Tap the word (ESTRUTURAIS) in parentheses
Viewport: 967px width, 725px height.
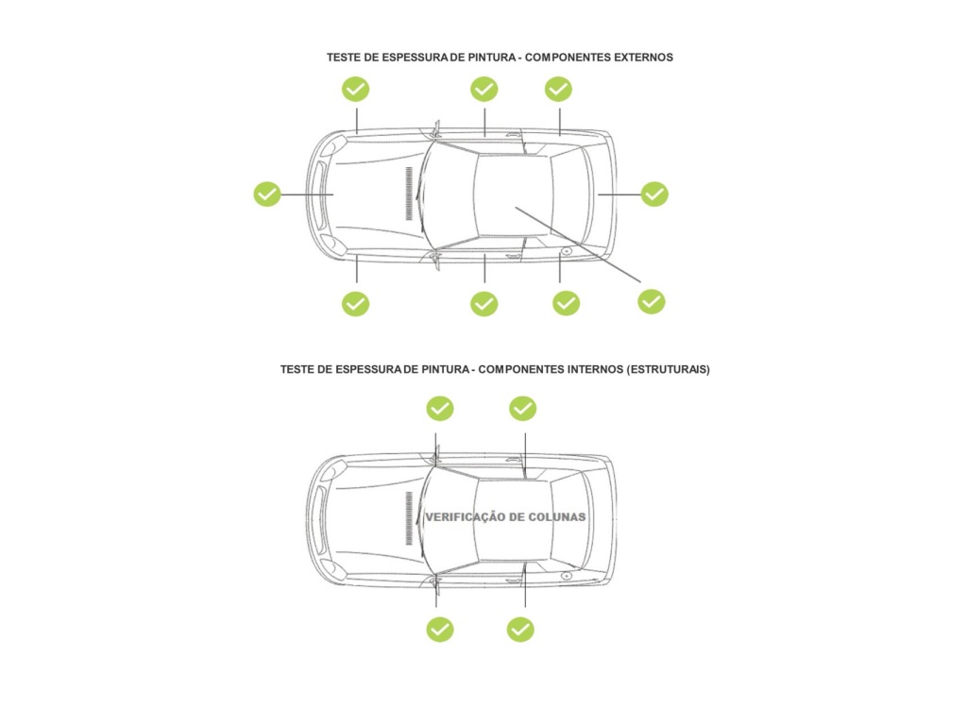[668, 369]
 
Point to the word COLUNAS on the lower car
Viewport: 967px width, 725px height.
[554, 517]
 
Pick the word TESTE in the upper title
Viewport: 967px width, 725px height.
[344, 57]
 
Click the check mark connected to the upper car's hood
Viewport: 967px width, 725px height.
[267, 194]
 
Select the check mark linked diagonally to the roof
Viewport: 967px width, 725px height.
[652, 301]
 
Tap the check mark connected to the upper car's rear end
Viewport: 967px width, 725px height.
[654, 194]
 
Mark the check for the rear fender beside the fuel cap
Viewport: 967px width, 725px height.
[566, 303]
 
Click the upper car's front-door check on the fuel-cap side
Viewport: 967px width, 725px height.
[484, 303]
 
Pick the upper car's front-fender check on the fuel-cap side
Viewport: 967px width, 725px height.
[355, 303]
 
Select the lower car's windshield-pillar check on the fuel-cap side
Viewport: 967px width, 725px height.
[440, 629]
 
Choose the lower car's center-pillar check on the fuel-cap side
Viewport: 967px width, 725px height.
[520, 629]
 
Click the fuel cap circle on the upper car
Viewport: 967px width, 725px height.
[565, 251]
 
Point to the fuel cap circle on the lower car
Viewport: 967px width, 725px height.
[565, 575]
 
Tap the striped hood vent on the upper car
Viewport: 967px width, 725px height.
[409, 194]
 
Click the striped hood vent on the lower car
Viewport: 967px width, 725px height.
[409, 517]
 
